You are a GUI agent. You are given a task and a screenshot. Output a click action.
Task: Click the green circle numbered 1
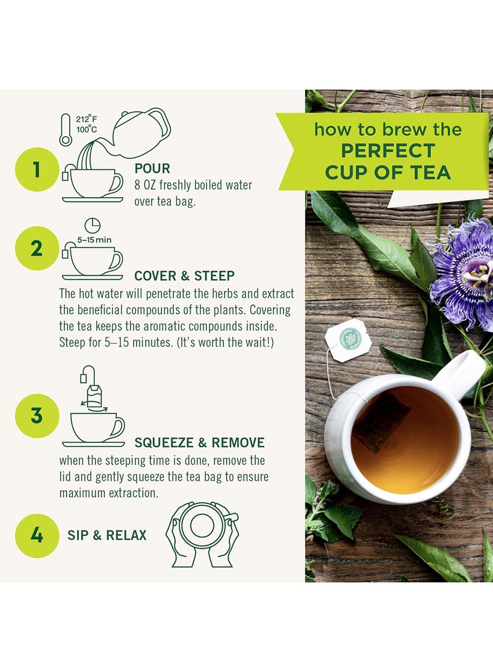click(x=36, y=170)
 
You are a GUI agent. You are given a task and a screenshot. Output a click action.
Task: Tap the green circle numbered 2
click(x=36, y=249)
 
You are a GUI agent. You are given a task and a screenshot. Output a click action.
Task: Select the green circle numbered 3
click(x=36, y=415)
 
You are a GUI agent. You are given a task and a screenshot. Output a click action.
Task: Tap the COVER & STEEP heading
click(x=184, y=275)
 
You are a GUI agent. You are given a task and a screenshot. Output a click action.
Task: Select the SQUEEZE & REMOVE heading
click(x=199, y=442)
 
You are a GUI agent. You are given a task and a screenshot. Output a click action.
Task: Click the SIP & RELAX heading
click(x=107, y=535)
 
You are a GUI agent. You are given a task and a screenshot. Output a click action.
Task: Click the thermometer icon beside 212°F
click(x=65, y=130)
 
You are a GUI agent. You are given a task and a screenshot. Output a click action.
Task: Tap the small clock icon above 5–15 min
click(x=92, y=225)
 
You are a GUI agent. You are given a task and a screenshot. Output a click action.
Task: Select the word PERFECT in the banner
click(x=388, y=151)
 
